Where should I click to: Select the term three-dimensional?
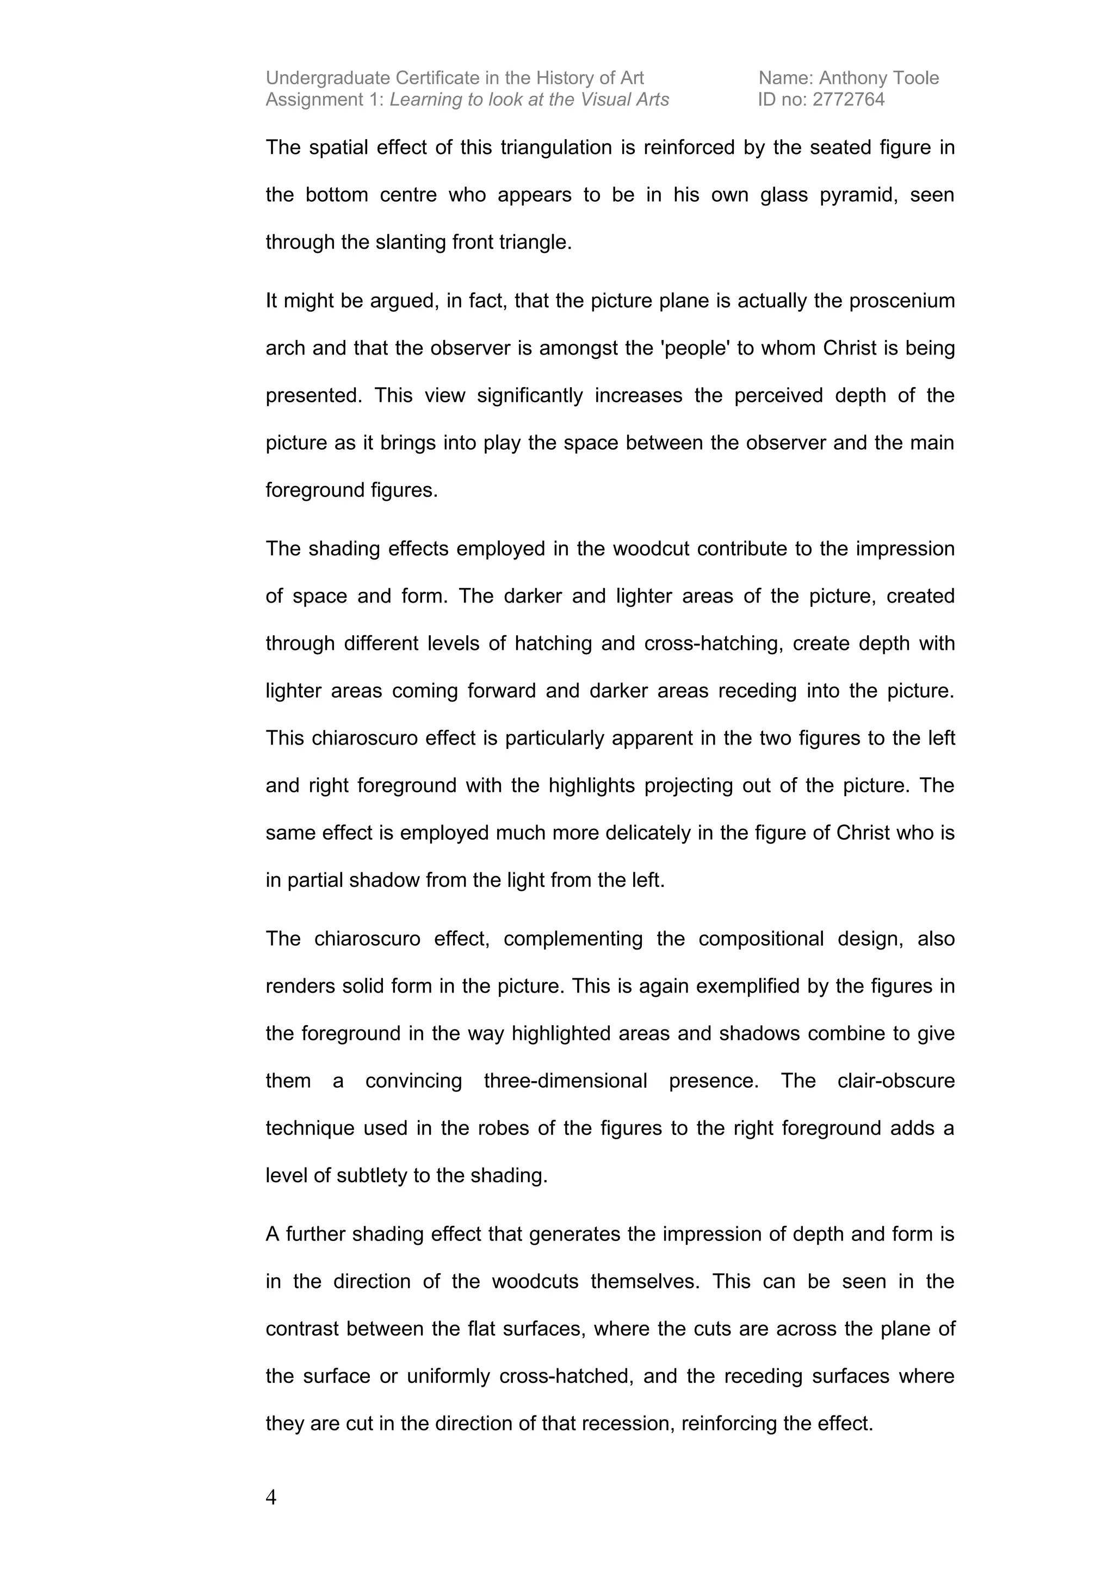[x=565, y=1081]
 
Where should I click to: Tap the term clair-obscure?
[x=896, y=1081]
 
